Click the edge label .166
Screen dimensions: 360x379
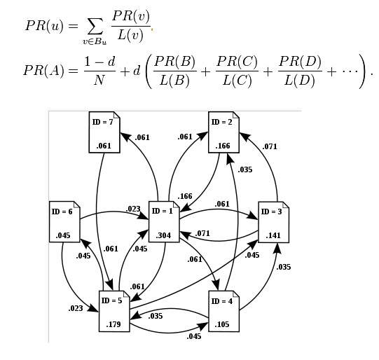tap(186, 196)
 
